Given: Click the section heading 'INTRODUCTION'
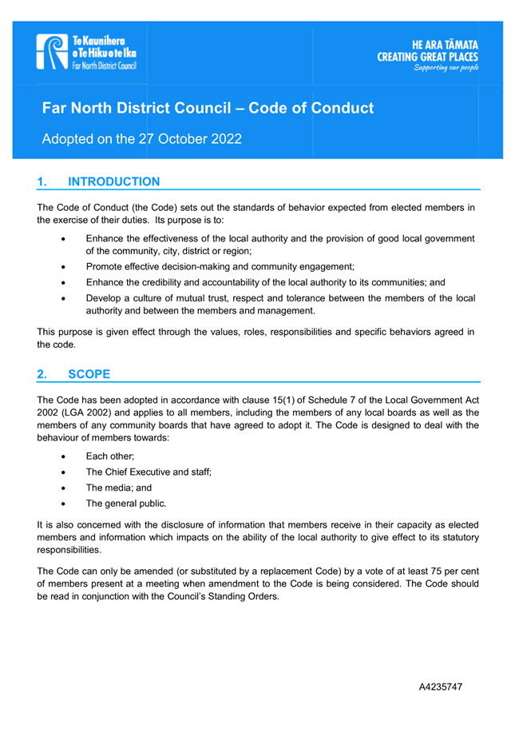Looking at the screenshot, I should click(114, 182).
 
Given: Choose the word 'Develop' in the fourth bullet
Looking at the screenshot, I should click(105, 299).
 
